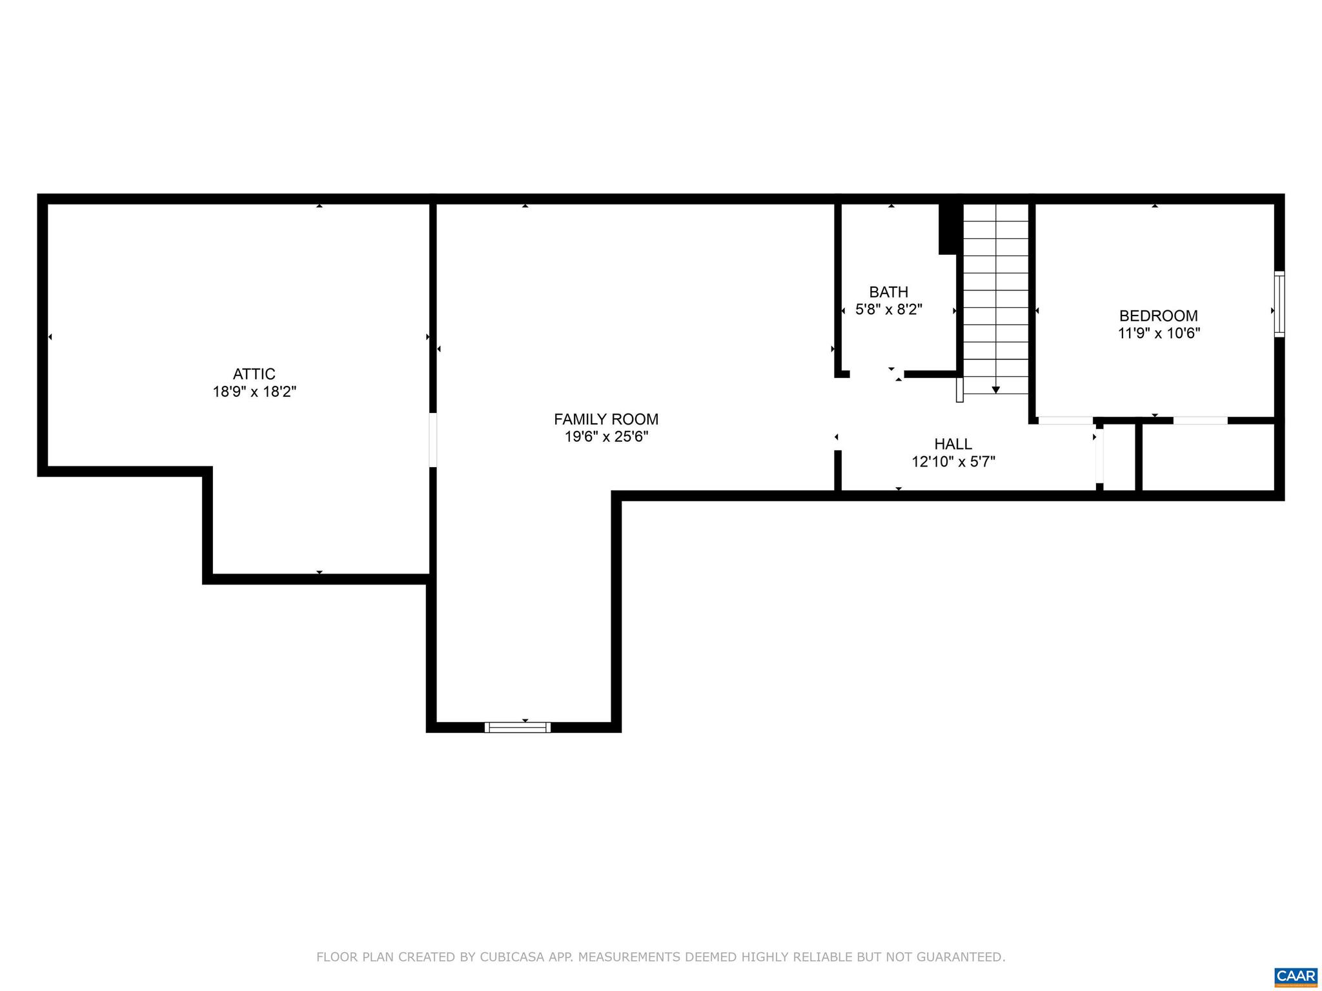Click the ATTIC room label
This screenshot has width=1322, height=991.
254,374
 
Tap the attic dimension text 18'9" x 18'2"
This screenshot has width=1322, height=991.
254,392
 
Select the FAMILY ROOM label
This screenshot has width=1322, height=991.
605,419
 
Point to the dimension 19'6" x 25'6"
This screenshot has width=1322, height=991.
606,437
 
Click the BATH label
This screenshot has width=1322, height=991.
888,292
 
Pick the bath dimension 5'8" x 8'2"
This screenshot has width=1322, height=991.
888,310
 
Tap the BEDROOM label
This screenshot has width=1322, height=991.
1158,316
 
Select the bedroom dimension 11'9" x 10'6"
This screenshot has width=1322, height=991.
1159,334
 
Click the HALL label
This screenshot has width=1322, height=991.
953,445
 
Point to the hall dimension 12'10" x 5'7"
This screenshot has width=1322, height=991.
953,462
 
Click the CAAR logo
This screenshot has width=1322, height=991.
1296,975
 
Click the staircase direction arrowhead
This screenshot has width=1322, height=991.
995,390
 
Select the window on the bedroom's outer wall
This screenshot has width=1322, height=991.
1279,304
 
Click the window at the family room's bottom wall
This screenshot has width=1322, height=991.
517,727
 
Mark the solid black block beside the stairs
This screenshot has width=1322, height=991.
947,229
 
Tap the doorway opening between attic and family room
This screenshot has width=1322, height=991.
432,440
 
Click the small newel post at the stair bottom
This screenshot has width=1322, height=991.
959,390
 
